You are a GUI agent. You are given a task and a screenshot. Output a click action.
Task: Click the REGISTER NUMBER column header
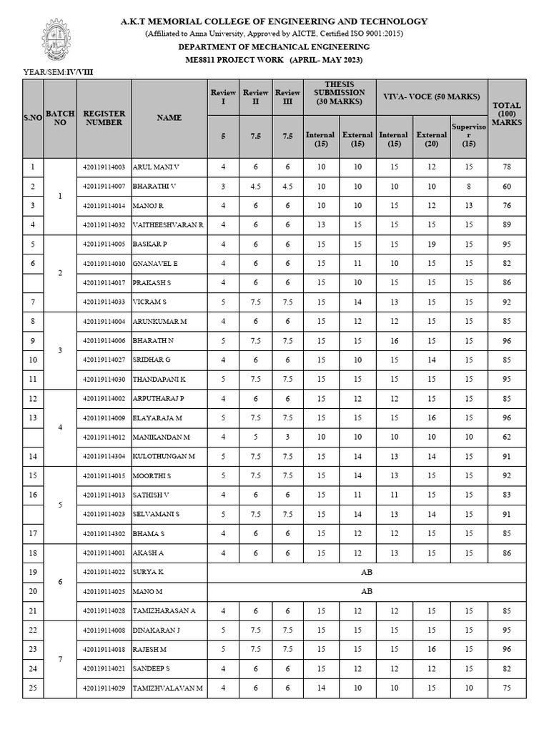(x=104, y=118)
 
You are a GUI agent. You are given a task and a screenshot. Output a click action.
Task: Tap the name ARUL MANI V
(x=156, y=167)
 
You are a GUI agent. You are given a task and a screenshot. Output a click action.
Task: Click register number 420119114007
(x=104, y=186)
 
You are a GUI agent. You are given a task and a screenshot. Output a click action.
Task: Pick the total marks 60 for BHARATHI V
(x=507, y=186)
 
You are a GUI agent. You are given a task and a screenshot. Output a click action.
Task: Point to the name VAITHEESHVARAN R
(x=168, y=224)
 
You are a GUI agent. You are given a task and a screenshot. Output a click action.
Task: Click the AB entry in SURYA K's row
(x=367, y=572)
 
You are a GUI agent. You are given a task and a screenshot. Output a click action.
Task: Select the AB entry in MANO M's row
(x=367, y=591)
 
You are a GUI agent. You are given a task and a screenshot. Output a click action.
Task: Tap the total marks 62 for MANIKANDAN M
(x=507, y=437)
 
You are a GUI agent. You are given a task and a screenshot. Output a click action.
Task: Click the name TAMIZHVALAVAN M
(x=168, y=688)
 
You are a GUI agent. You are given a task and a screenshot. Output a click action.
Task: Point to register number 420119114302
(x=104, y=533)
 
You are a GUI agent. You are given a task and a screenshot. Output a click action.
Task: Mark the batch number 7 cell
(x=60, y=658)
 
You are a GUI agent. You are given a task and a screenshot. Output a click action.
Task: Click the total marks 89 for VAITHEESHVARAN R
(x=507, y=224)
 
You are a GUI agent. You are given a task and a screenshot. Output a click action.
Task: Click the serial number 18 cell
(x=33, y=553)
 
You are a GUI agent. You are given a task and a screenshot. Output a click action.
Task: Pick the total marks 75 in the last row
(x=507, y=688)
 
